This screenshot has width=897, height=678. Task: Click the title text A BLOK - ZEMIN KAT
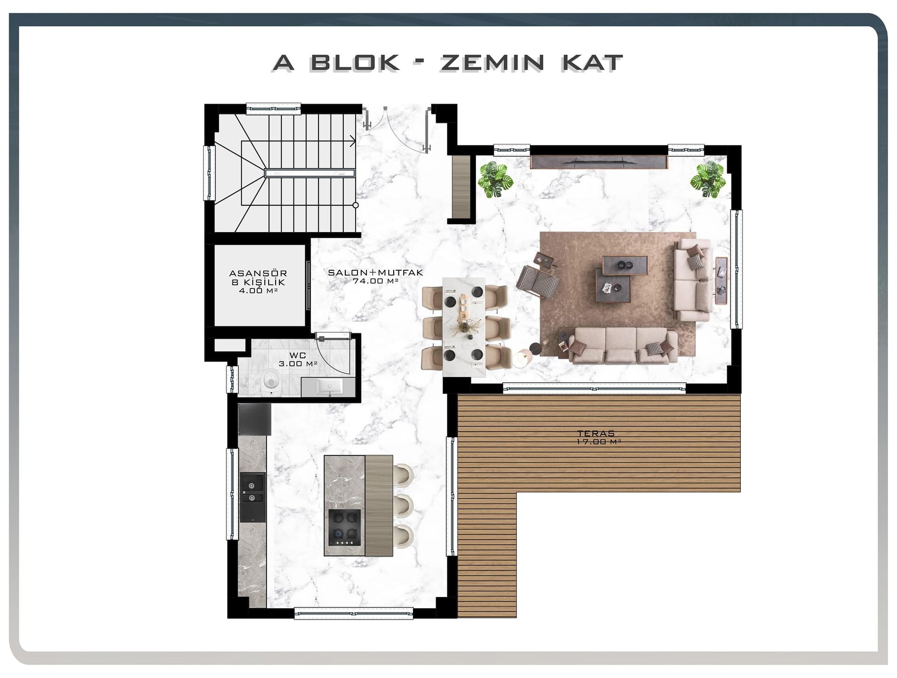447,63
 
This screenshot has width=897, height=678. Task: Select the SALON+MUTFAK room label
375,276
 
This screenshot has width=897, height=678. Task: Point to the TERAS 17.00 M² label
596,437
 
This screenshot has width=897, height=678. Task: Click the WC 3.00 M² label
298,359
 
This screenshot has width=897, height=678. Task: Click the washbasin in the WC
329,387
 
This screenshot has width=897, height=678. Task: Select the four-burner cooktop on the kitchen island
344,527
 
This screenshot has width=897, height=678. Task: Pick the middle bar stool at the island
404,506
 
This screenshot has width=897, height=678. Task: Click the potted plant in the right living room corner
708,179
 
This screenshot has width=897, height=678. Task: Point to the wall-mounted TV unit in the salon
599,162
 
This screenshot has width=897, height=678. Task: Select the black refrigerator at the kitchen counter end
254,419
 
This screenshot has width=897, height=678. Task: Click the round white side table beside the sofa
522,359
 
